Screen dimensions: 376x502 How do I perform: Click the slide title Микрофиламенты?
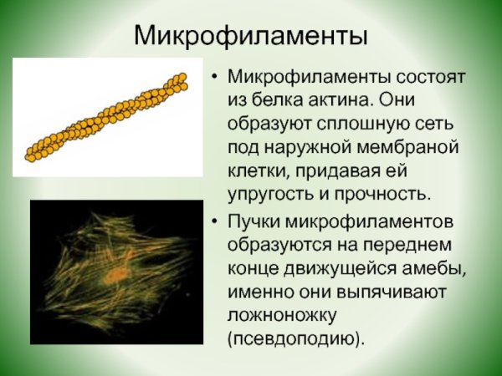tap(251, 34)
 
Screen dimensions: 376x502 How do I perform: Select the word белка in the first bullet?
tap(279, 100)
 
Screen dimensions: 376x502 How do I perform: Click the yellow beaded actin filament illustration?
tap(105, 118)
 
